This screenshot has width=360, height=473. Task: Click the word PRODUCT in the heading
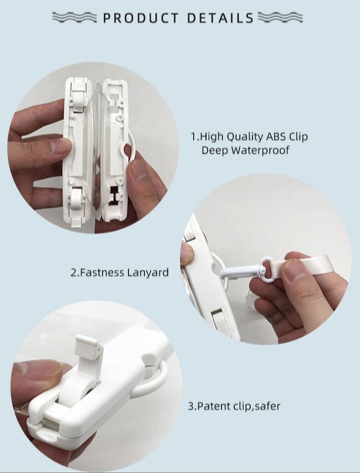pyautogui.click(x=141, y=18)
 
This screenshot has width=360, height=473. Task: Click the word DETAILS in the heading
pyautogui.click(x=220, y=18)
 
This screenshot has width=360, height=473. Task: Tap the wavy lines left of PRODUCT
pyautogui.click(x=75, y=17)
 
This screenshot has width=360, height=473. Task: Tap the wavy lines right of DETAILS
pyautogui.click(x=280, y=17)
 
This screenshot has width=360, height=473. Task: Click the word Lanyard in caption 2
pyautogui.click(x=148, y=273)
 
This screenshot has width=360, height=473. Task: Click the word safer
pyautogui.click(x=267, y=406)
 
